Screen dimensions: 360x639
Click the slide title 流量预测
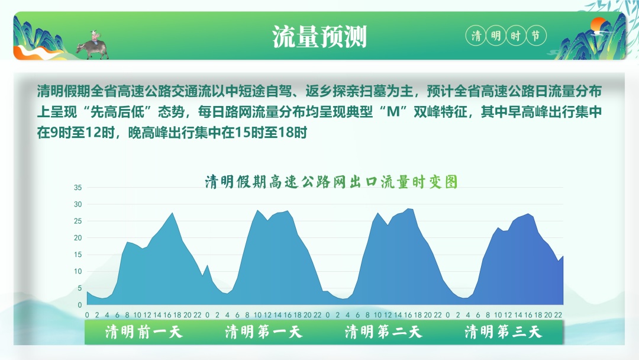pyautogui.click(x=319, y=37)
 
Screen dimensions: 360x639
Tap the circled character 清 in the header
pyautogui.click(x=476, y=36)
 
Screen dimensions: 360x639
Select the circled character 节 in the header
pyautogui.click(x=535, y=36)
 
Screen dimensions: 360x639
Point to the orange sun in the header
pyautogui.click(x=600, y=25)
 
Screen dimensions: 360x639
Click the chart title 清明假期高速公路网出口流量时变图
pyautogui.click(x=331, y=182)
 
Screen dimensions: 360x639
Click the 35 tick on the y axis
pyautogui.click(x=78, y=188)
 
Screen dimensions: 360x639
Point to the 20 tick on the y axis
pyautogui.click(x=78, y=238)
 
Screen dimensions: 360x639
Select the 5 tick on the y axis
pyautogui.click(x=79, y=288)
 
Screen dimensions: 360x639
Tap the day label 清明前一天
pyautogui.click(x=144, y=332)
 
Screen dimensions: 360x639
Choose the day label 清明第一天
pyautogui.click(x=263, y=332)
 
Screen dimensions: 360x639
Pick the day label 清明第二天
pyautogui.click(x=383, y=332)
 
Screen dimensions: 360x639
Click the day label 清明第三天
pyautogui.click(x=503, y=332)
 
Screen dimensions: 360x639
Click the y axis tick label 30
pyautogui.click(x=78, y=204)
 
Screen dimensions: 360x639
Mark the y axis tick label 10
pyautogui.click(x=78, y=272)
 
